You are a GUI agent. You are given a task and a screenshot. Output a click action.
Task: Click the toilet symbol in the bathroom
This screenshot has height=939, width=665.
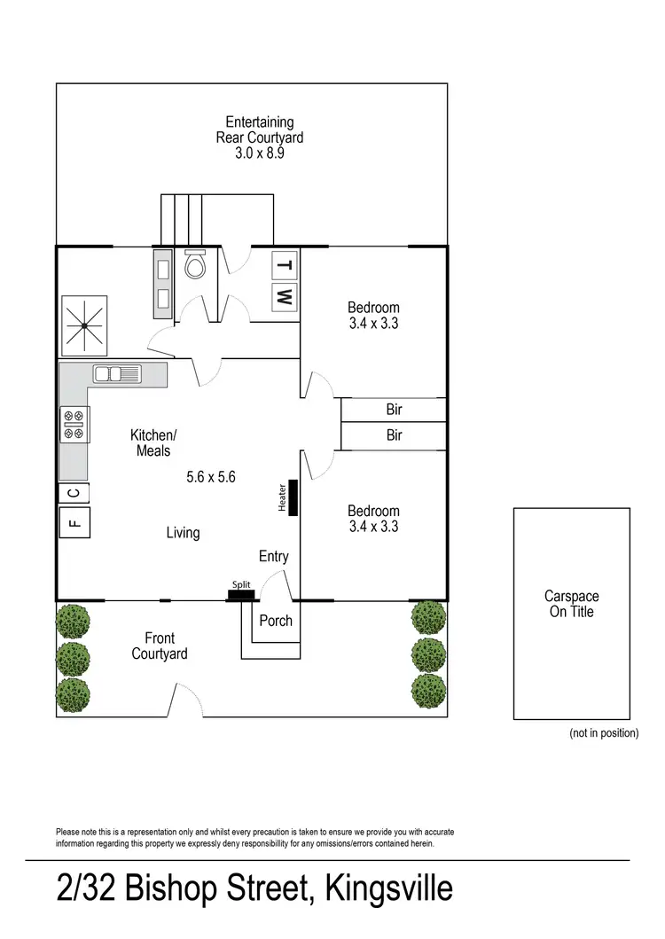coord(195,264)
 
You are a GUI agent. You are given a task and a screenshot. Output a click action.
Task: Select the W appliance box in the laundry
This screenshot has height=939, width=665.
coord(284,297)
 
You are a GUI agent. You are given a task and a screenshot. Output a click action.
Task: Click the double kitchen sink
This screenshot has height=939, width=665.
coord(118,373)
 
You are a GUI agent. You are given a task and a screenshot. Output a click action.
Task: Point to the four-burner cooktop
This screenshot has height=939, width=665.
coord(74,424)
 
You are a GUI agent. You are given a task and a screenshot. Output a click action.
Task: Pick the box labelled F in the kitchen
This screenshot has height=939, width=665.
coord(74,523)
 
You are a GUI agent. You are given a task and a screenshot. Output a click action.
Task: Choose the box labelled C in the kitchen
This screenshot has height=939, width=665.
coord(74,492)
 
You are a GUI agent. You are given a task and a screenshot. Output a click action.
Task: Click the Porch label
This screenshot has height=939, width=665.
coord(276,621)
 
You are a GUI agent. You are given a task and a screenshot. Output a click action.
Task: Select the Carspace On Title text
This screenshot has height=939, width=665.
coord(571,604)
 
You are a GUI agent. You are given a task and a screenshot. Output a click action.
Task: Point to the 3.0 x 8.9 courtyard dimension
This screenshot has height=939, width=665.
coord(260,153)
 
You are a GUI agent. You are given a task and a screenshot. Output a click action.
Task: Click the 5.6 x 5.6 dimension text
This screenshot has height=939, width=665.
coord(210,477)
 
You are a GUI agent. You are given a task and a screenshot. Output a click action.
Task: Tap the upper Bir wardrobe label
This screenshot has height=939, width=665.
coord(394,410)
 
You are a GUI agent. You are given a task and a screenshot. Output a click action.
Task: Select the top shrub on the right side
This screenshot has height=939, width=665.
coord(429,618)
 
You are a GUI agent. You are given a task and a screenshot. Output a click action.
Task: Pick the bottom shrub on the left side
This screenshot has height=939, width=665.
coord(73,694)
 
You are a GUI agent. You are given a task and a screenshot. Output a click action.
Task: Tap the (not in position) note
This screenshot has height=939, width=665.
coord(603,733)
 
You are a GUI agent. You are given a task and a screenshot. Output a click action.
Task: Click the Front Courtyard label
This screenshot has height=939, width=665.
coord(160,646)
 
